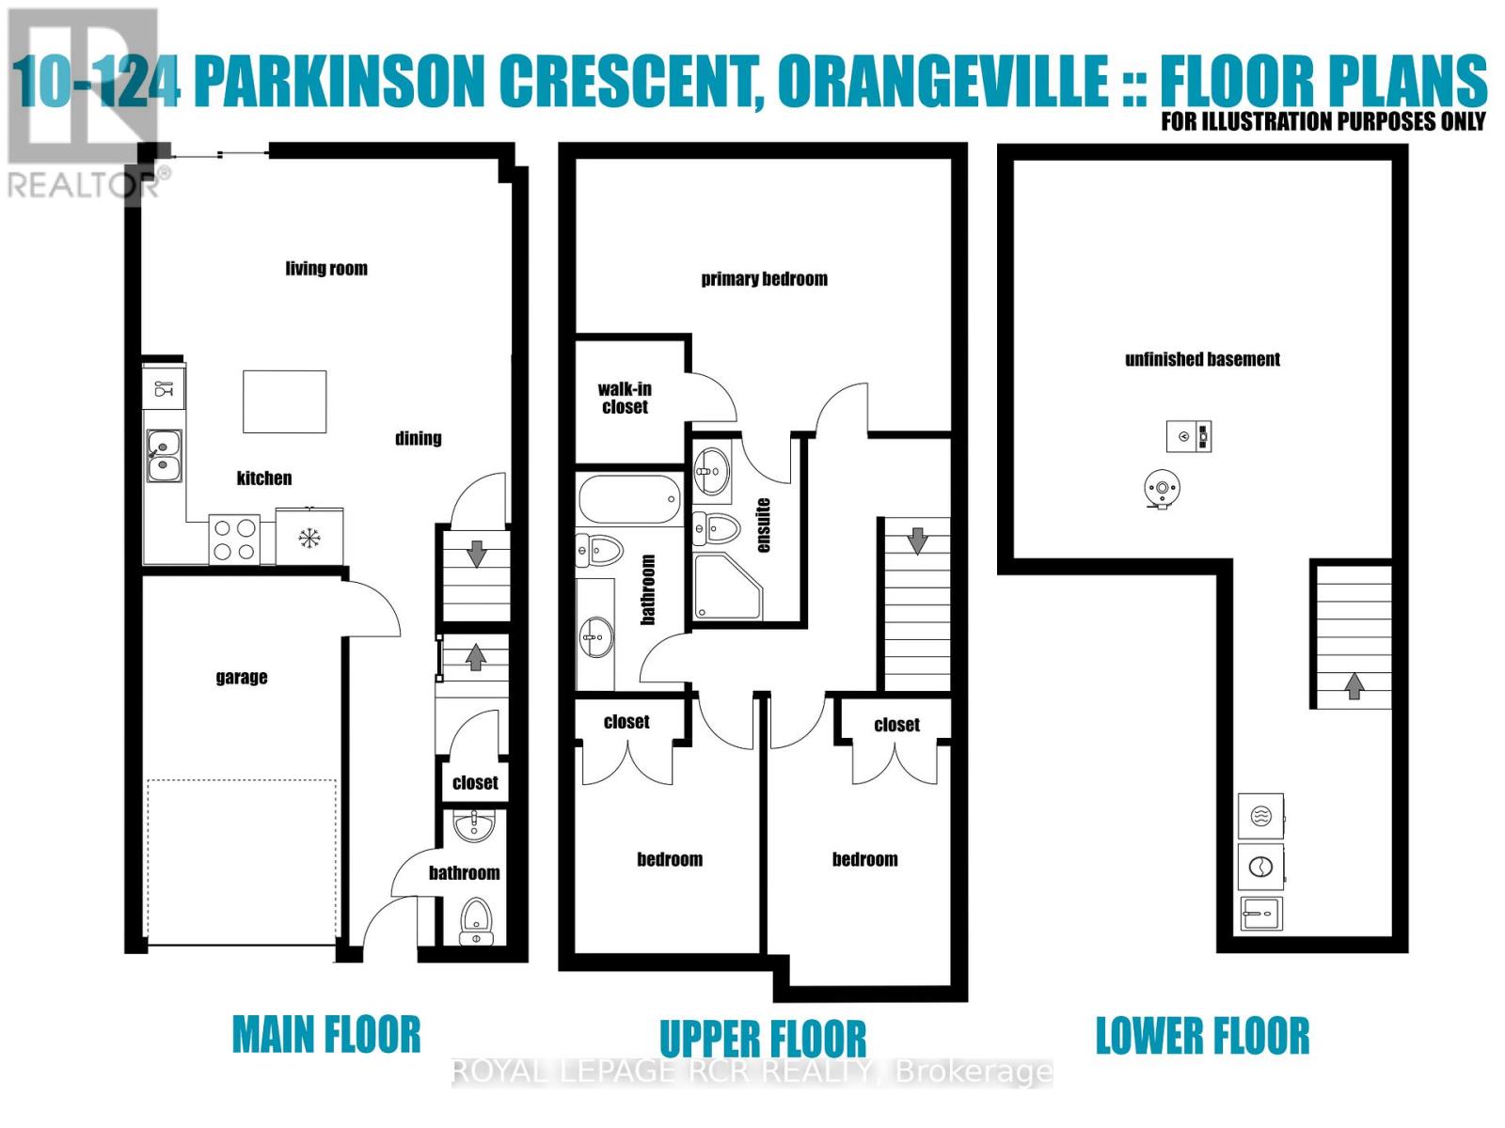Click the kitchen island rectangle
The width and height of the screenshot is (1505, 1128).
click(x=284, y=401)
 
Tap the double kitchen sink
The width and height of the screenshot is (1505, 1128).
click(x=164, y=455)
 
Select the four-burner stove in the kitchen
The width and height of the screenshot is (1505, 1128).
click(x=234, y=540)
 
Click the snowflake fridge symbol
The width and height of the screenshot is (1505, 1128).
click(x=309, y=538)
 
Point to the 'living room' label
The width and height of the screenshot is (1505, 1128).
click(x=326, y=269)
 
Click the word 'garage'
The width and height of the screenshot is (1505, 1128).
click(x=242, y=678)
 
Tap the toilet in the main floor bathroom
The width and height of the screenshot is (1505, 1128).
click(x=476, y=920)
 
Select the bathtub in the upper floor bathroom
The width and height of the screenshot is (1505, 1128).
click(x=629, y=499)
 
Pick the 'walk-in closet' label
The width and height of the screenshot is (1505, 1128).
click(x=625, y=398)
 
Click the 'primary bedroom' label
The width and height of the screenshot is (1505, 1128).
click(x=764, y=279)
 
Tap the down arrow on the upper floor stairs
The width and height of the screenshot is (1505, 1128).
click(x=917, y=540)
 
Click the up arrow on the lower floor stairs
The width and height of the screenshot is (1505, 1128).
click(x=1354, y=685)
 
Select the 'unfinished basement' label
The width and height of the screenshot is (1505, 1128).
click(x=1202, y=359)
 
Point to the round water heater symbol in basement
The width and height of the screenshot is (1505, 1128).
click(x=1163, y=488)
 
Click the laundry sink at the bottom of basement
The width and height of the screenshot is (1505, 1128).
click(x=1259, y=913)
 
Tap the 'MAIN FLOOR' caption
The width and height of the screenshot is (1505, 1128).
click(x=326, y=1035)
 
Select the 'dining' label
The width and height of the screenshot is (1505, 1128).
click(x=418, y=438)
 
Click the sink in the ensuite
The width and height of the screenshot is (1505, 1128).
click(x=711, y=471)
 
